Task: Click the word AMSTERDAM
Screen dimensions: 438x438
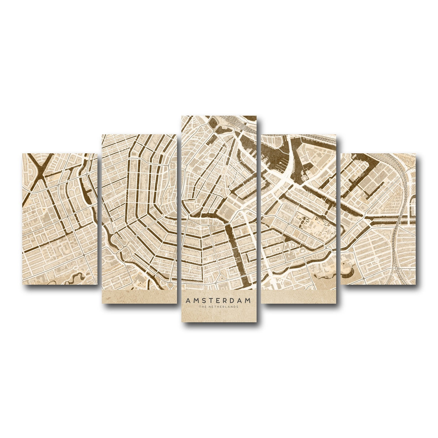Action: coord(218,300)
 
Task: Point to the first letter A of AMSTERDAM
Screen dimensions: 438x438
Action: coord(187,300)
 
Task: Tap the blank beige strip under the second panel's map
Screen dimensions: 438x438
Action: coord(139,297)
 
